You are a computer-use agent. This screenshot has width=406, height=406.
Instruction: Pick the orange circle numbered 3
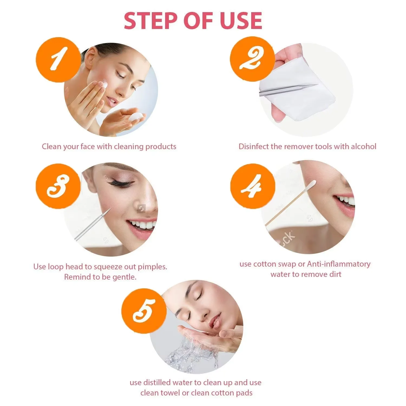coord(58,186)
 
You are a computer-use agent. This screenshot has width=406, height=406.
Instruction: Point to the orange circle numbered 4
coord(252,186)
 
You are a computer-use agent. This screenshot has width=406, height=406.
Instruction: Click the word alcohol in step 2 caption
coord(364,146)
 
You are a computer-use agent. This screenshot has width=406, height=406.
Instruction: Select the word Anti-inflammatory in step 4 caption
coord(339,264)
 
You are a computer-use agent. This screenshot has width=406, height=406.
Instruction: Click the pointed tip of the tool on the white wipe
coord(316,85)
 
